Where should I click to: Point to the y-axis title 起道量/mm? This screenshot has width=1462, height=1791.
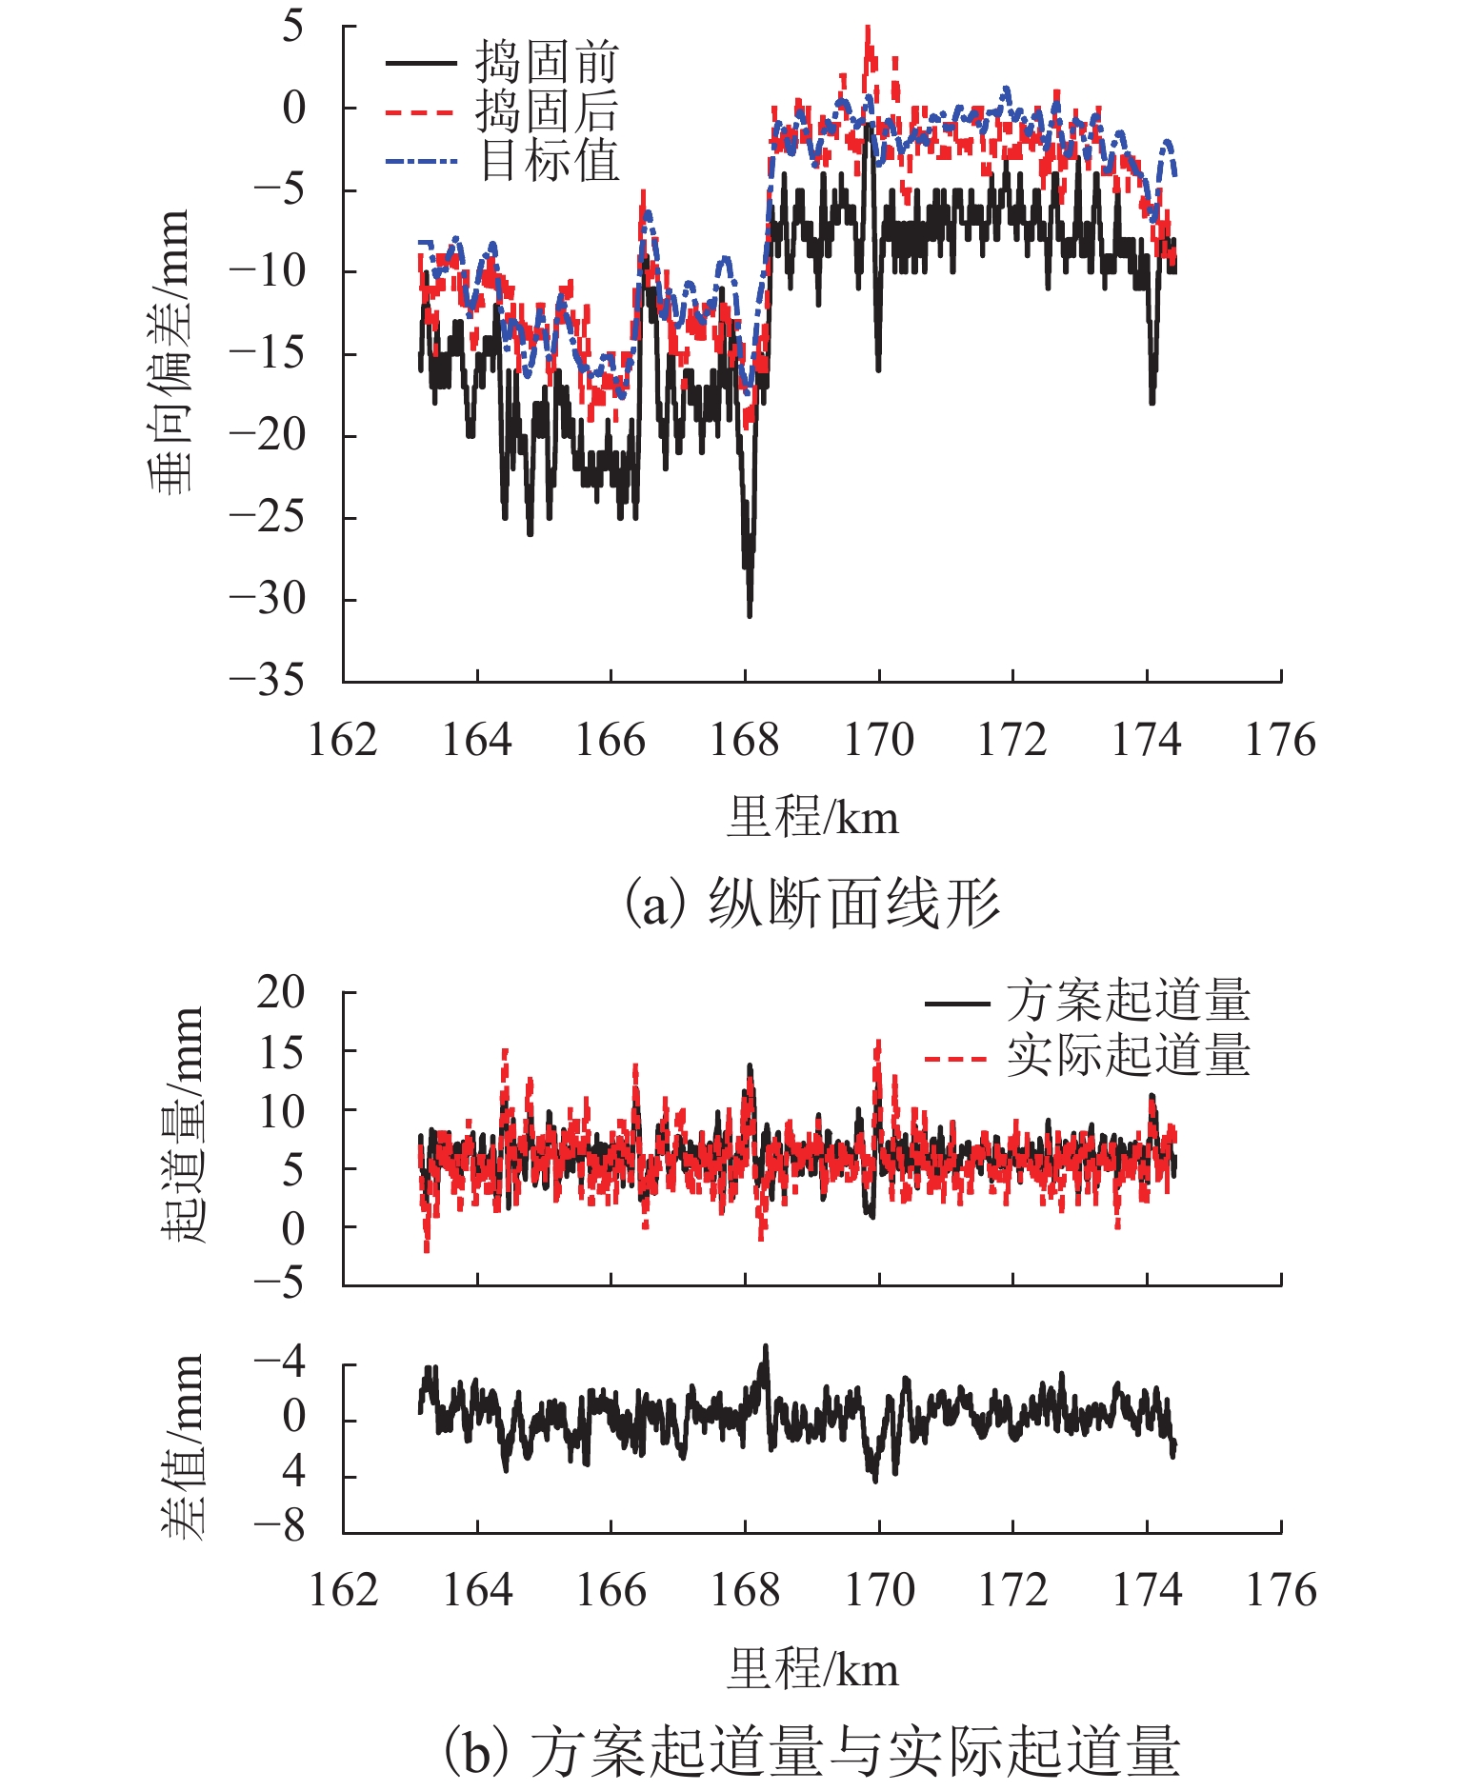coord(182,1124)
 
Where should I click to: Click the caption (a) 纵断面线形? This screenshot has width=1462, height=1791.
coord(811,903)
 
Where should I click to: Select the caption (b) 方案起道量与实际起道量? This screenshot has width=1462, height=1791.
coord(811,1750)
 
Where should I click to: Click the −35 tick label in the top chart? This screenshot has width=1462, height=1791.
coord(268,681)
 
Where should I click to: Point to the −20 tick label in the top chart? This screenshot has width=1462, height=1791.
coord(268,435)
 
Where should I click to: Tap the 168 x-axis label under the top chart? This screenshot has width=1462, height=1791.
coord(745,740)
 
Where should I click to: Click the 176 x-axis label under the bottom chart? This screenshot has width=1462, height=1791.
coord(1281,1590)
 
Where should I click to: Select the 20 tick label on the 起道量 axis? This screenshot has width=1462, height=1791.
coord(281,992)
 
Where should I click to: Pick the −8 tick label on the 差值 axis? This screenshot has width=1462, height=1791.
coord(279,1525)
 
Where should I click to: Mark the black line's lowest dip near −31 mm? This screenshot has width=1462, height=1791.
coord(750,614)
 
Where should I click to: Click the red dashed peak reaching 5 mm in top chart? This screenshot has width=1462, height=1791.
coord(868,30)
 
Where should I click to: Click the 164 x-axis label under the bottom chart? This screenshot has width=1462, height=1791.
coord(477,1590)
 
